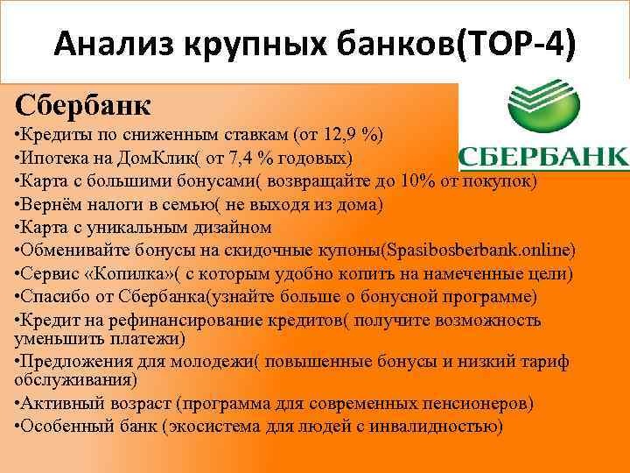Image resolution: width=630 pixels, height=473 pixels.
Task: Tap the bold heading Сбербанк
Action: [83, 105]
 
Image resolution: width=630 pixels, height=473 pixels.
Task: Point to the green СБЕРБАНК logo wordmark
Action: [543, 158]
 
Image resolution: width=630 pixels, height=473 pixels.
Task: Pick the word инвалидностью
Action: [435, 427]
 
